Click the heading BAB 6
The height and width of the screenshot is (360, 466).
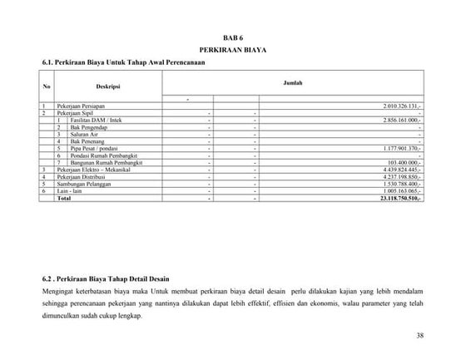[x=233, y=38]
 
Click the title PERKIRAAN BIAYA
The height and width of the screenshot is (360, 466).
[x=233, y=50]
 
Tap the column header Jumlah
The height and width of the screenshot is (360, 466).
[x=293, y=83]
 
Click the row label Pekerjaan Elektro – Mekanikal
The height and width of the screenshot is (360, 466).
[x=98, y=168]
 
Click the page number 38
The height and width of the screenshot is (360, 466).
[x=418, y=335]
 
